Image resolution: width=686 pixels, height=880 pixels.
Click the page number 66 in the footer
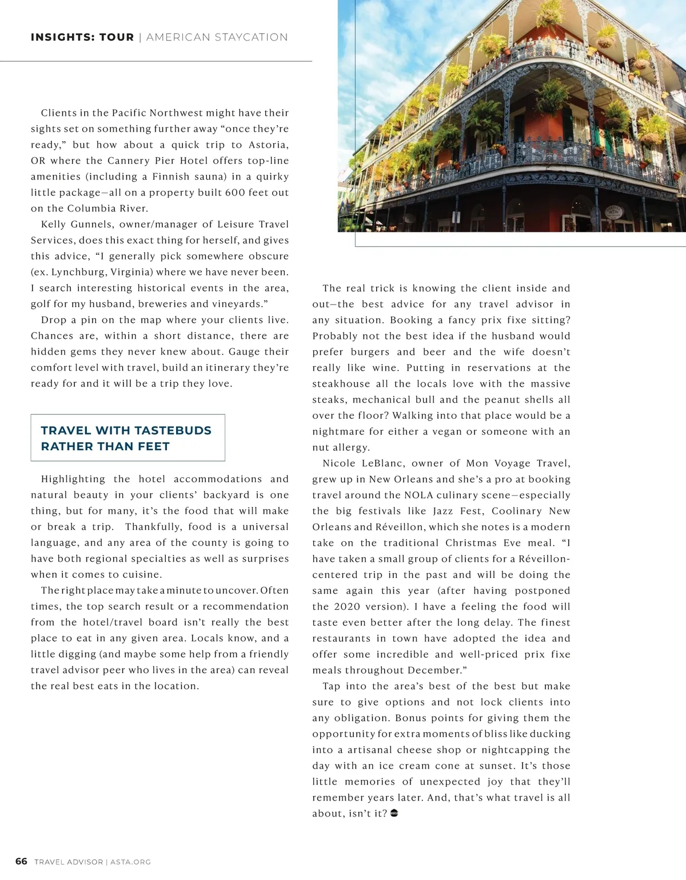21,861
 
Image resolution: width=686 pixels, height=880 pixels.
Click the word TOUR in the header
117,37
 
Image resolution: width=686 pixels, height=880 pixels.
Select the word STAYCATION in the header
252,37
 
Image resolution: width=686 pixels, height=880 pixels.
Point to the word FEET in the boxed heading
154,446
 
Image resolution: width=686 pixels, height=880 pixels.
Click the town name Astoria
268,145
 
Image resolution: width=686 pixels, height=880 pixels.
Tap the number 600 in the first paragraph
235,193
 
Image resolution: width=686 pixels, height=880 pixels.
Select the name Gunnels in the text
95,224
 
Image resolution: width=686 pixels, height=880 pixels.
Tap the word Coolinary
516,511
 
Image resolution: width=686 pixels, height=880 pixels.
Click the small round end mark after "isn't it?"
394,813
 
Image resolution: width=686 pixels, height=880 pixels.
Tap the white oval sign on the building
613,212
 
